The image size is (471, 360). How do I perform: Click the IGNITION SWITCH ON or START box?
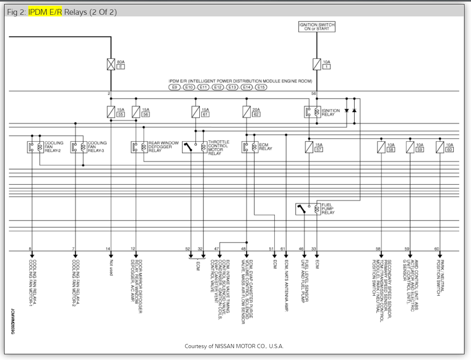click(316, 27)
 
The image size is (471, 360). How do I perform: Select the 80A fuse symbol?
click(111, 64)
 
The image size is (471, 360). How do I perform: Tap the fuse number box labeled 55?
click(121, 115)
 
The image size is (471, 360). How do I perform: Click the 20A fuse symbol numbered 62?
click(246, 112)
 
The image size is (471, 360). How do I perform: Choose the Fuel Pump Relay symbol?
click(308, 209)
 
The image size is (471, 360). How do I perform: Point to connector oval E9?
click(175, 87)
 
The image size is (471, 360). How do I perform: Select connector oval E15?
click(261, 87)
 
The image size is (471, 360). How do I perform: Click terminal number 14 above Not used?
click(108, 249)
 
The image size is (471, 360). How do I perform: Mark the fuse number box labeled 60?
click(450, 150)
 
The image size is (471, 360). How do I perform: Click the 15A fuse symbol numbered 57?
click(309, 147)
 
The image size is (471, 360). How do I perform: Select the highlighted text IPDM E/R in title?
click(45, 12)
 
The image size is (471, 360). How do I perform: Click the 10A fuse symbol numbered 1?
click(316, 64)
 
